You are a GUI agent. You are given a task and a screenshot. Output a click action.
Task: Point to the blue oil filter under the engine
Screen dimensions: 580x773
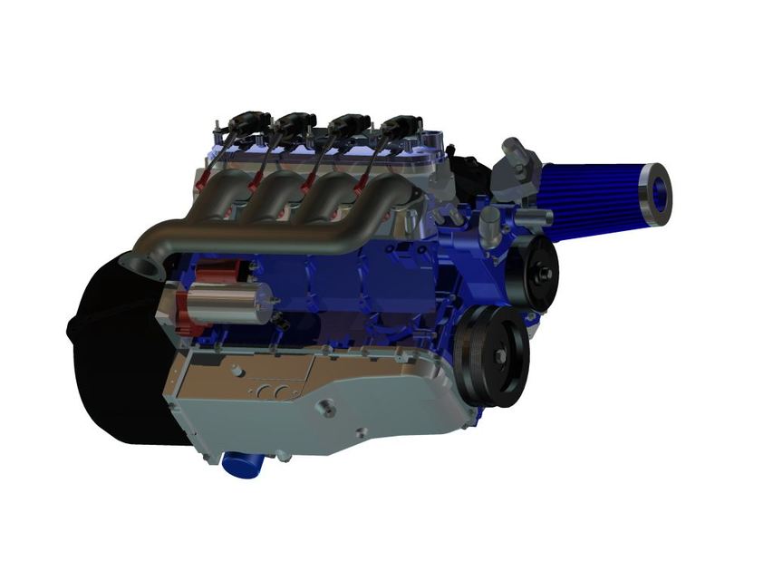pos(240,463)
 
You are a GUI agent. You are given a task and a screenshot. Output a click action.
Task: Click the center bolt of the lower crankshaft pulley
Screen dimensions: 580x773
pos(499,356)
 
